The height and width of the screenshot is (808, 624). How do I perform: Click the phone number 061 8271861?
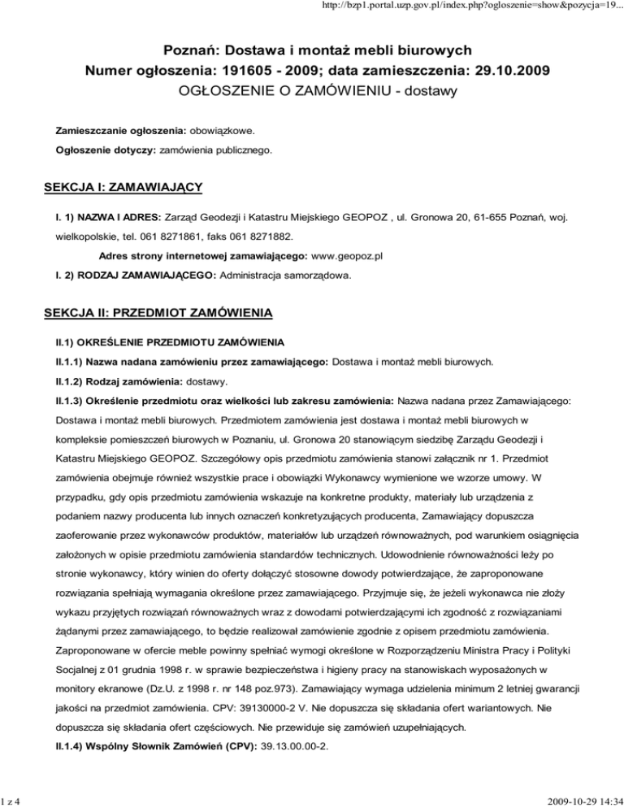[x=167, y=239]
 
